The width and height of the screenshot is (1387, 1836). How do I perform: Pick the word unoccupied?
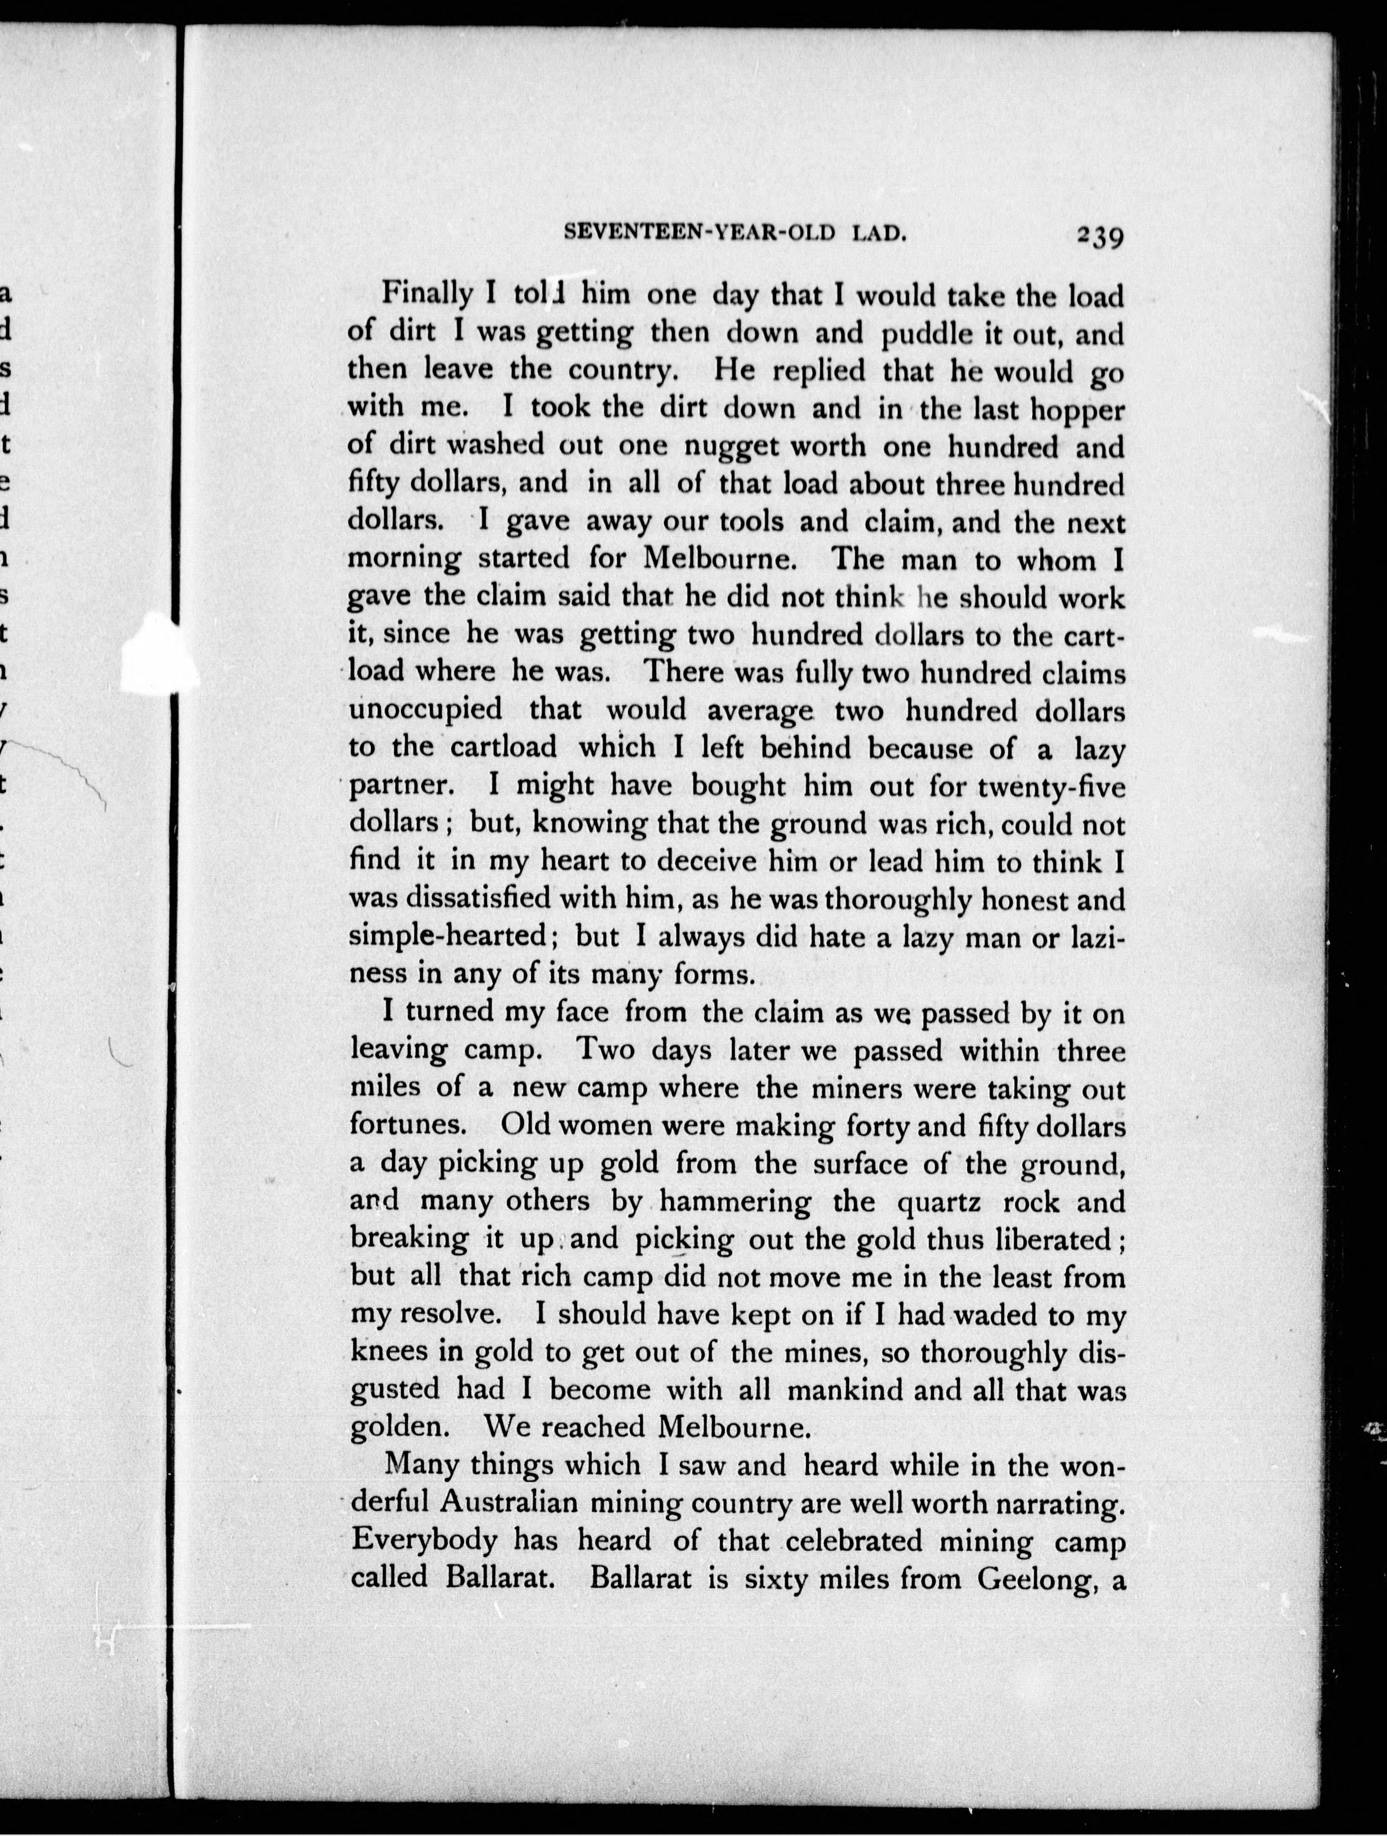point(425,712)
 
